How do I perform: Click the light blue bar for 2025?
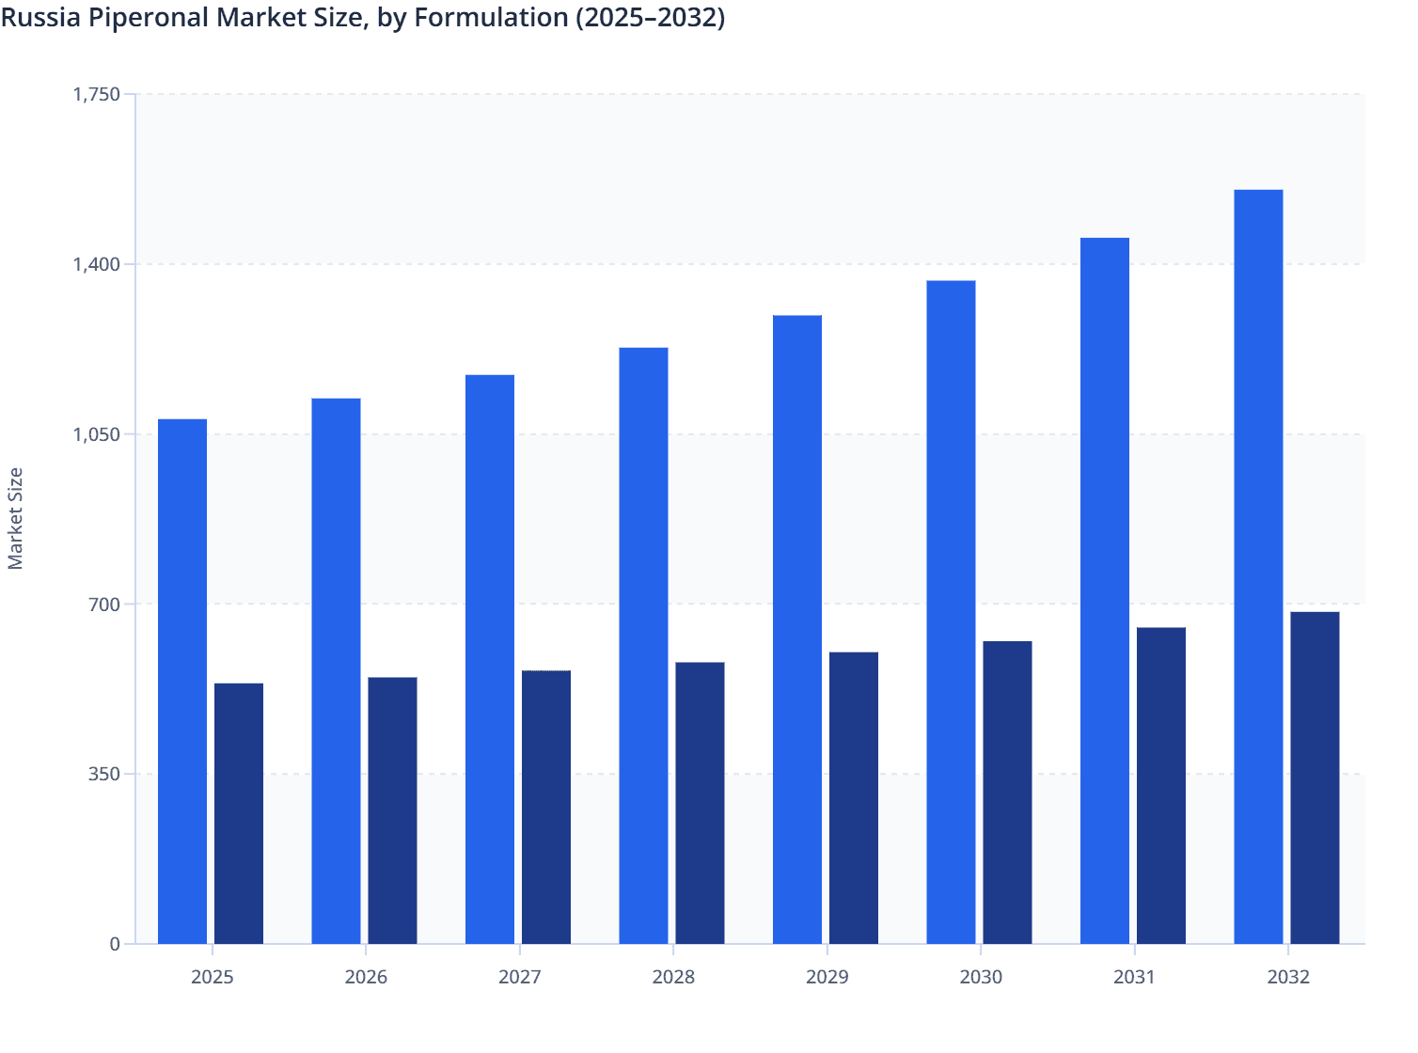click(182, 682)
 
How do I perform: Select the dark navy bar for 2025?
click(239, 813)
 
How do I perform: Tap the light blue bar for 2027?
click(490, 659)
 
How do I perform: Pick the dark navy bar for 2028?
click(700, 803)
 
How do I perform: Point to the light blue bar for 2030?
click(951, 612)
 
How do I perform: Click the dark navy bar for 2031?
click(1161, 785)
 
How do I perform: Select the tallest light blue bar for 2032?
click(1258, 567)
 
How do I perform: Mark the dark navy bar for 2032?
click(1315, 778)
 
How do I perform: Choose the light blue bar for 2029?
click(797, 630)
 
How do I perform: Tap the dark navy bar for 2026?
click(392, 810)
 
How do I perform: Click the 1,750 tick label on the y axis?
click(97, 94)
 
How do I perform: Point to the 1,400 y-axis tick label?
click(97, 264)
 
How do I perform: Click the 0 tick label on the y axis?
click(115, 944)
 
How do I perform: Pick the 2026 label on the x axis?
click(366, 977)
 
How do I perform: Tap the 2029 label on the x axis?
click(827, 977)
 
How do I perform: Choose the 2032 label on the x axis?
click(1288, 977)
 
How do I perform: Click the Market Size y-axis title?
click(15, 518)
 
